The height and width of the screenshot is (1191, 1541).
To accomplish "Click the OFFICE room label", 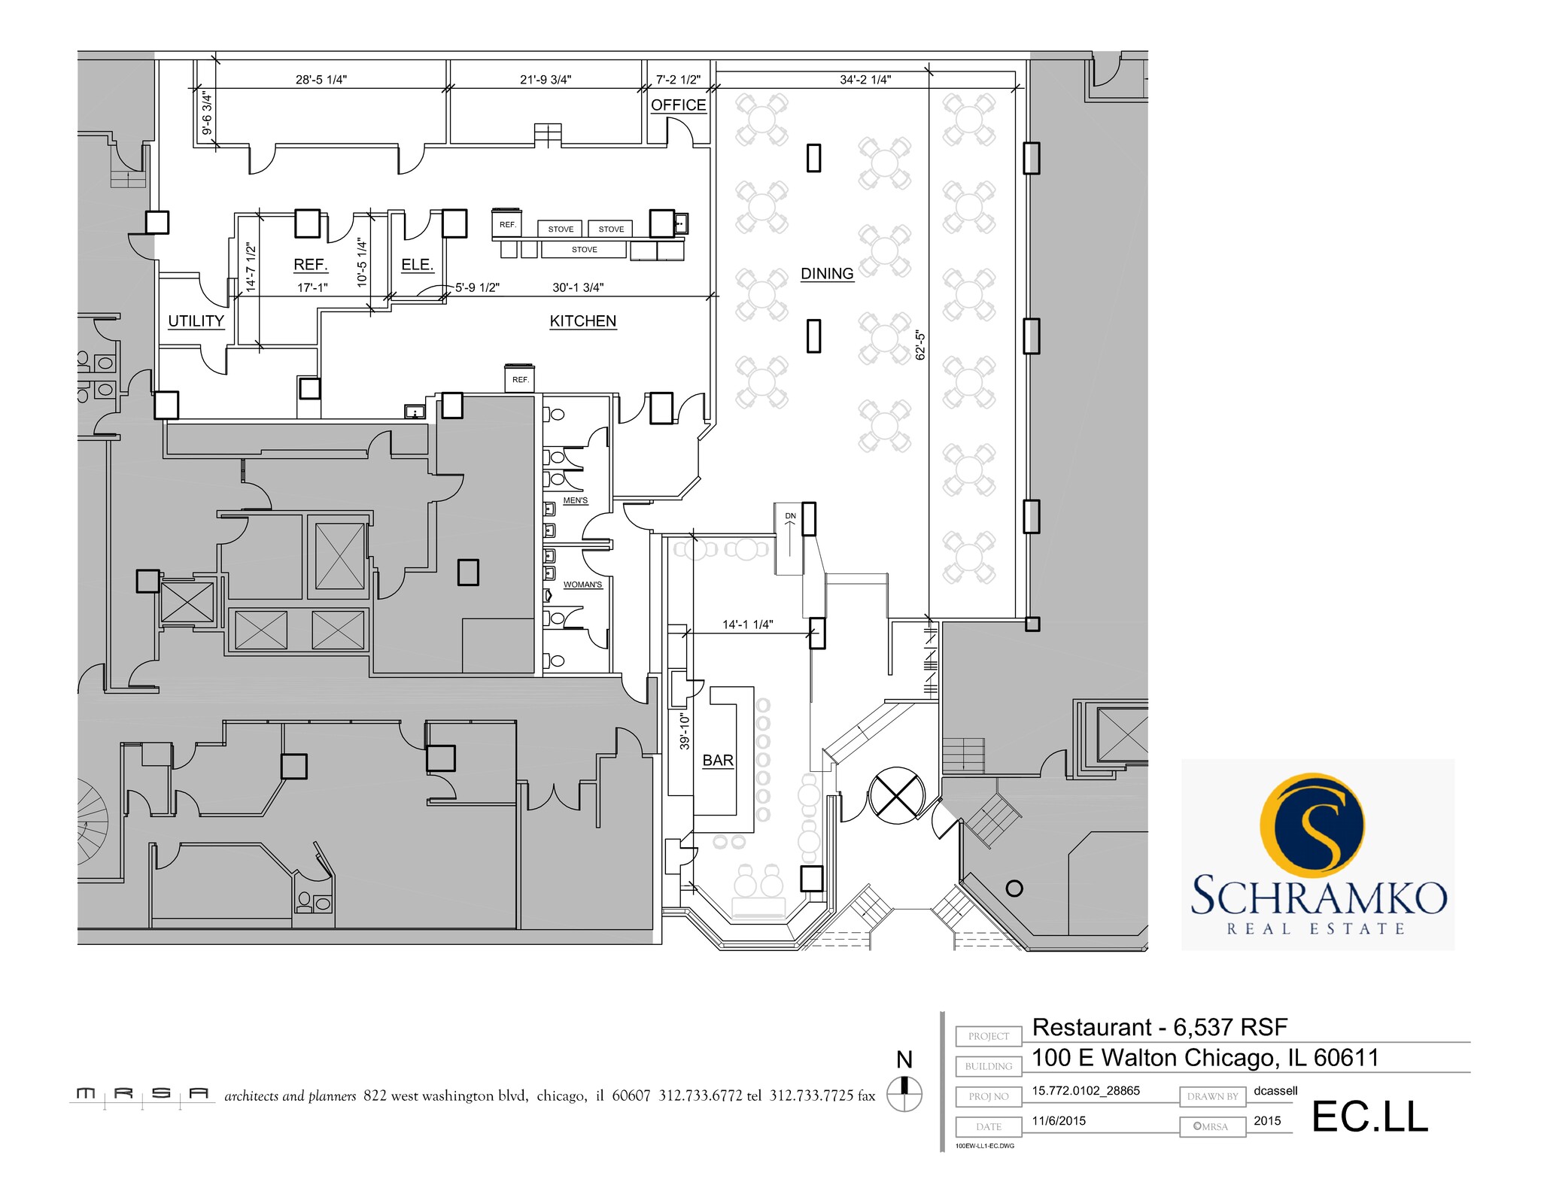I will coord(678,105).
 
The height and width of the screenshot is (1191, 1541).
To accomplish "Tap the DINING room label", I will coord(827,274).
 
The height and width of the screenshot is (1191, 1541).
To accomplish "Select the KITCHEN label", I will coord(582,321).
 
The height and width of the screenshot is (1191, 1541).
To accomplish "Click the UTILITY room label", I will coord(196,321).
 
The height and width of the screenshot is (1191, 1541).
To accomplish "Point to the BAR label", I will coord(717,761).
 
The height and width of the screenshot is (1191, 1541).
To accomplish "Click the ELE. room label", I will coord(417,265).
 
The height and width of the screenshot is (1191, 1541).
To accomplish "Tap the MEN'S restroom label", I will coord(576,501).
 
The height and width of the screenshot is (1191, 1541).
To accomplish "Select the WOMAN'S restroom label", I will coord(582,585).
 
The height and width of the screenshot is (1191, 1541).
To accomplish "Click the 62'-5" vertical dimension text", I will coord(919,345).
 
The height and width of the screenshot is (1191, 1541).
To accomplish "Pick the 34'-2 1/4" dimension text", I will coord(865,80).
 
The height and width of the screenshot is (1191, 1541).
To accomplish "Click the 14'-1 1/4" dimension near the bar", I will coord(747,624).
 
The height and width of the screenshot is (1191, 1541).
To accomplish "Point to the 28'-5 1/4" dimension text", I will coord(321,80).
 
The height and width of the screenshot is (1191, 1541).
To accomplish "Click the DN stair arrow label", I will coord(790,516).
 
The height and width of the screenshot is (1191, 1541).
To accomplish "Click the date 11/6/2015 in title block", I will coord(1059,1121).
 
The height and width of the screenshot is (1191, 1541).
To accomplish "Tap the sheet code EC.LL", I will coord(1369,1117).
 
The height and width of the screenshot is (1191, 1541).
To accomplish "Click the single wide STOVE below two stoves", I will coord(584,250).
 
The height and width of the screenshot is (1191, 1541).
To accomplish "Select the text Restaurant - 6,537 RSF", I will coord(1159,1027).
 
